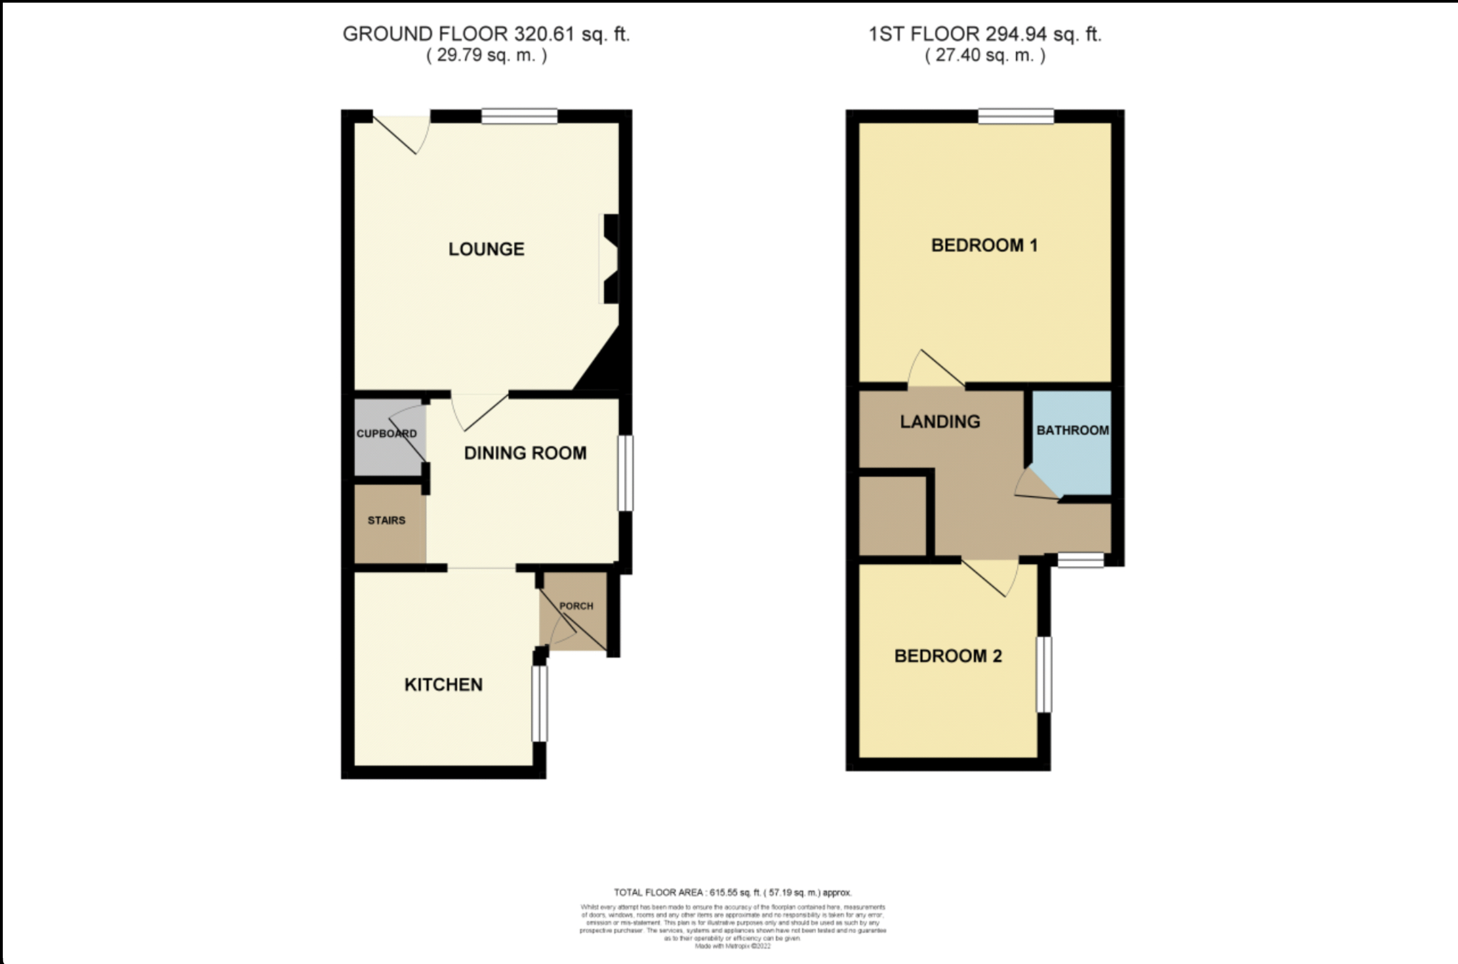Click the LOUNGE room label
[486, 249]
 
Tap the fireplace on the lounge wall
[610, 259]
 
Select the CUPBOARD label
[386, 433]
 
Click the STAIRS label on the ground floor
[386, 520]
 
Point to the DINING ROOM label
[525, 453]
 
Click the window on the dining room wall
[625, 473]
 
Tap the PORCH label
[576, 606]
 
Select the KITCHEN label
[443, 685]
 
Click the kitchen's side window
[539, 703]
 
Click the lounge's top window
[519, 116]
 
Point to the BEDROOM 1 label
[984, 245]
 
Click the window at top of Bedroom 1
[1016, 116]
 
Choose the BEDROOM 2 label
[948, 656]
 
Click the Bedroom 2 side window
[1044, 674]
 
